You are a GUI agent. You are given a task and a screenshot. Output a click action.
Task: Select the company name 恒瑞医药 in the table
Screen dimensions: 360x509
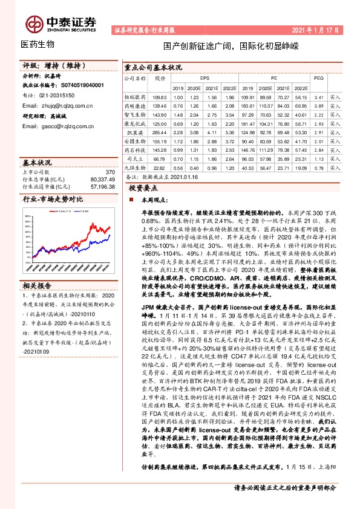135,97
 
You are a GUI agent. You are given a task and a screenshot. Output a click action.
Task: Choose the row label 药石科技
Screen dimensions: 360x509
135,149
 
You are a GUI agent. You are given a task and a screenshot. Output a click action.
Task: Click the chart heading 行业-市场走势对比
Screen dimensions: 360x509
53,199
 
